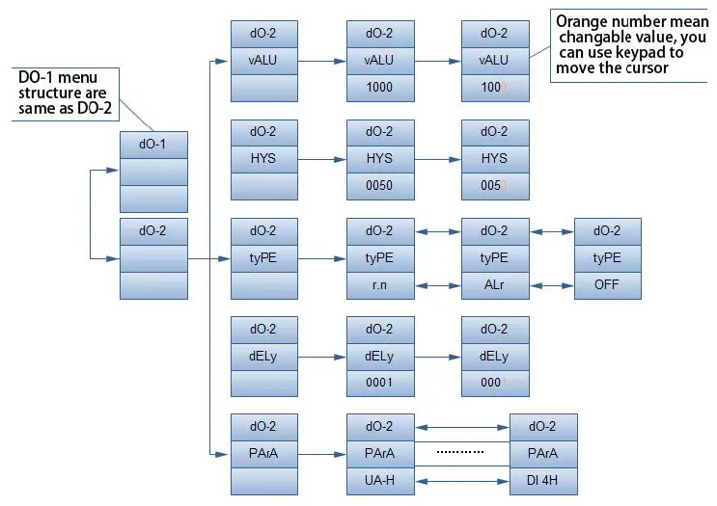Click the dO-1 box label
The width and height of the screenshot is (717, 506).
(x=153, y=146)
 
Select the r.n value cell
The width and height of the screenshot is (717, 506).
(x=380, y=285)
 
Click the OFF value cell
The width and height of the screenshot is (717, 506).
(x=608, y=285)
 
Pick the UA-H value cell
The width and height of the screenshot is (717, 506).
(x=380, y=481)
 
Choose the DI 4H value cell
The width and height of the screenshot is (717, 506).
(x=543, y=481)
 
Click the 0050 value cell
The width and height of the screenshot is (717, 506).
(x=380, y=186)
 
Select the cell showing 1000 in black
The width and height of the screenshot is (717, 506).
(x=380, y=87)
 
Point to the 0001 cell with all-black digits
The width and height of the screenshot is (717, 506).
(x=380, y=384)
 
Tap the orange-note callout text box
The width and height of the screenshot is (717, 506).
(x=631, y=44)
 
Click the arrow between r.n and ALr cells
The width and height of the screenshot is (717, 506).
(x=438, y=285)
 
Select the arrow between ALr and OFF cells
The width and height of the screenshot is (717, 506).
(x=552, y=285)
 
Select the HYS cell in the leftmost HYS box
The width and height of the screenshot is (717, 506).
(x=264, y=159)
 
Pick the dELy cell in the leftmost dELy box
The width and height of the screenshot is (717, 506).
(x=264, y=356)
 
